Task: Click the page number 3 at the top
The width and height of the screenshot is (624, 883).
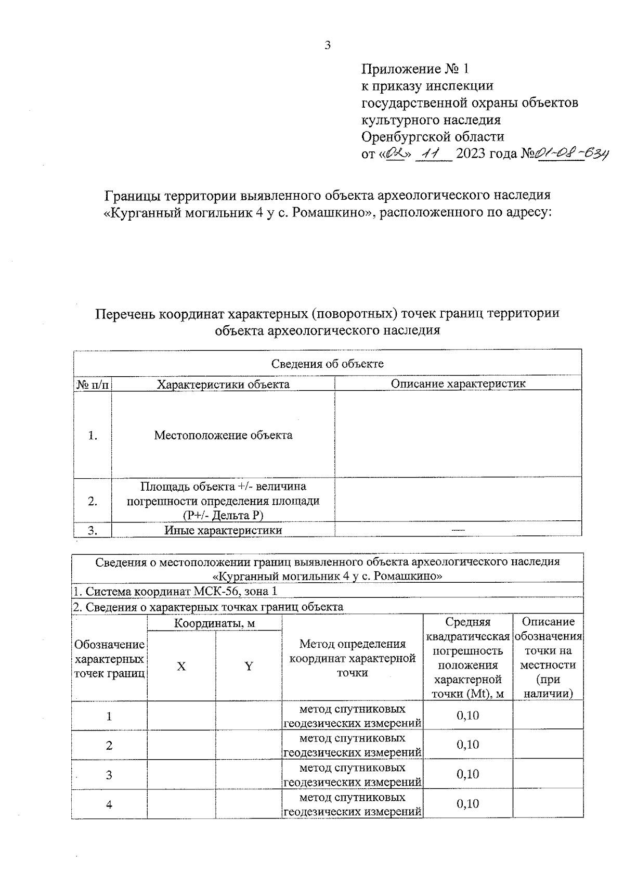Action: (x=328, y=46)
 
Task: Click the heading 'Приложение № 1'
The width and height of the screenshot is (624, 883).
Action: (x=415, y=69)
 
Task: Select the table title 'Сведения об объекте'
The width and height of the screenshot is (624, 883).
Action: (x=327, y=364)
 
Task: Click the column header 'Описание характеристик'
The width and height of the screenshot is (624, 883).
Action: (x=458, y=384)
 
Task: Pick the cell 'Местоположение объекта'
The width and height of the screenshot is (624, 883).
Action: (x=223, y=435)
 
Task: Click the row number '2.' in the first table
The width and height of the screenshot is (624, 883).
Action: (x=93, y=501)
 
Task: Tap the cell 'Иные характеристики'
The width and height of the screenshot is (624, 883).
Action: (x=223, y=530)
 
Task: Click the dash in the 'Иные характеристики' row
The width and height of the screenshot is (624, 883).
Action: (x=458, y=530)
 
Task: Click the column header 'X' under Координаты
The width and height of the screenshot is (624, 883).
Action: (x=181, y=667)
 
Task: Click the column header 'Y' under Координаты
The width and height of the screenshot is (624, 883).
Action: (x=249, y=667)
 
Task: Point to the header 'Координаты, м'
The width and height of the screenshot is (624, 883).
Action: (x=214, y=623)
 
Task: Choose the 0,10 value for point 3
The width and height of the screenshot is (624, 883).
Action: (x=467, y=774)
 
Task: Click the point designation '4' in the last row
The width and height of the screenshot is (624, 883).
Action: (x=109, y=804)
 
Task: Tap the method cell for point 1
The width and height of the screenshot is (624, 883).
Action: (x=353, y=716)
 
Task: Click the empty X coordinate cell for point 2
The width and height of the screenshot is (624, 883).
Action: (x=181, y=745)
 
